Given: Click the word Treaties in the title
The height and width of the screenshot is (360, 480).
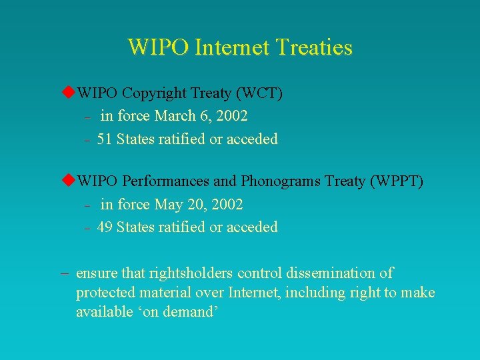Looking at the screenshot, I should (315, 47).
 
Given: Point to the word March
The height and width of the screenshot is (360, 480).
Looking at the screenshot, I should (175, 116).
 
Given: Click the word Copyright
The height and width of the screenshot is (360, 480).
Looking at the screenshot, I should (154, 93).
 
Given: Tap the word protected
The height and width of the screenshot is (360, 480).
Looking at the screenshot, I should (104, 293).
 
